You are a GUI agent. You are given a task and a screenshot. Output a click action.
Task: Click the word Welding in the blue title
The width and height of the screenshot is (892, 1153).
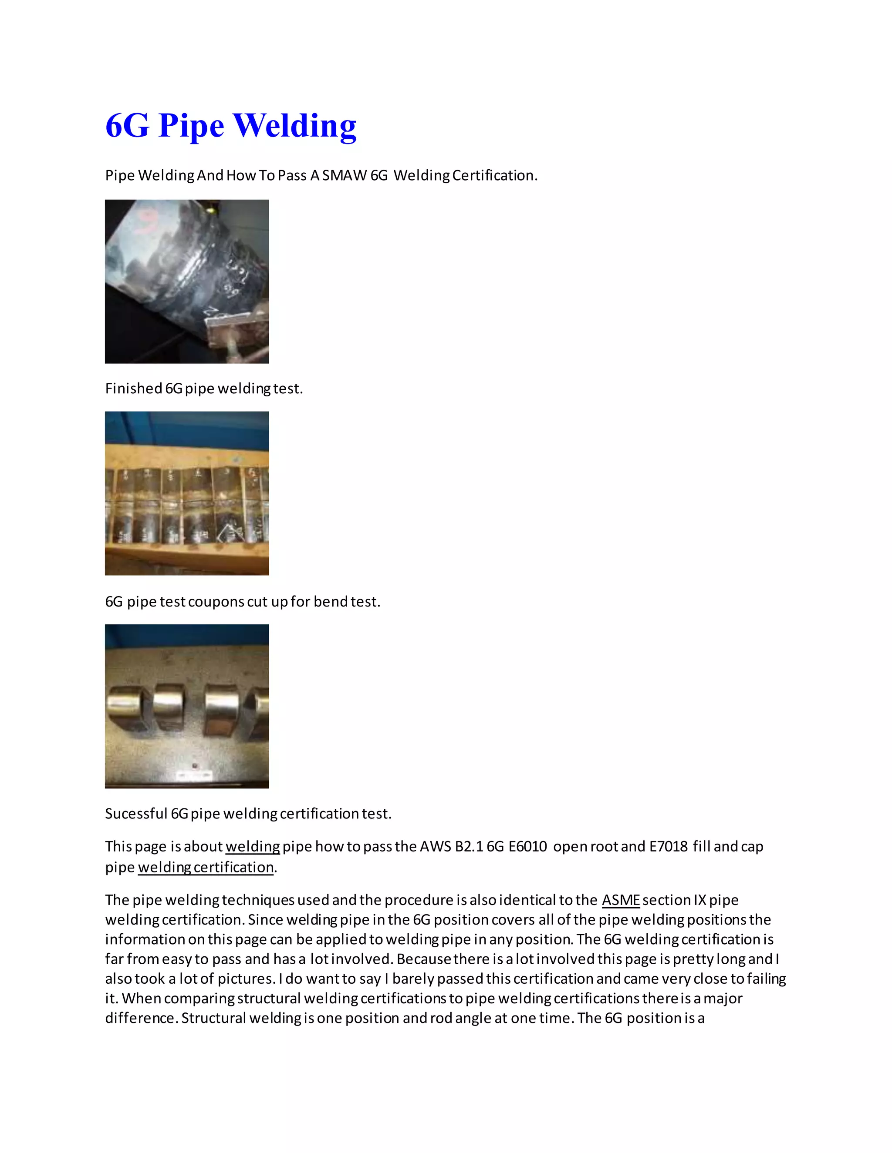click(294, 126)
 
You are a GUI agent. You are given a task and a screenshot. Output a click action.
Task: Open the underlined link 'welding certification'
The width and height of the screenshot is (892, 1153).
click(206, 868)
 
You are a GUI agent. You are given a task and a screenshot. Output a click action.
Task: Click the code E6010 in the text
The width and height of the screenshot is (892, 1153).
click(527, 847)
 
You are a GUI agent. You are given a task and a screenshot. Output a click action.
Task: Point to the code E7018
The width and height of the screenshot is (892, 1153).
click(668, 847)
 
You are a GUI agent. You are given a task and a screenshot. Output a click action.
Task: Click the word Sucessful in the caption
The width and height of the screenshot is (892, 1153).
click(136, 814)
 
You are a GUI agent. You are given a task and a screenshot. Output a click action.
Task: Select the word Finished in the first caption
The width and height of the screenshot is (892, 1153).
click(133, 389)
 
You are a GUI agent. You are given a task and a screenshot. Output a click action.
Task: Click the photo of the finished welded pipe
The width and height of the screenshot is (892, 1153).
click(186, 282)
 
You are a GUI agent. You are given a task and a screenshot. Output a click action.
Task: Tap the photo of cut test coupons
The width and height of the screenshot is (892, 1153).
click(186, 493)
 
